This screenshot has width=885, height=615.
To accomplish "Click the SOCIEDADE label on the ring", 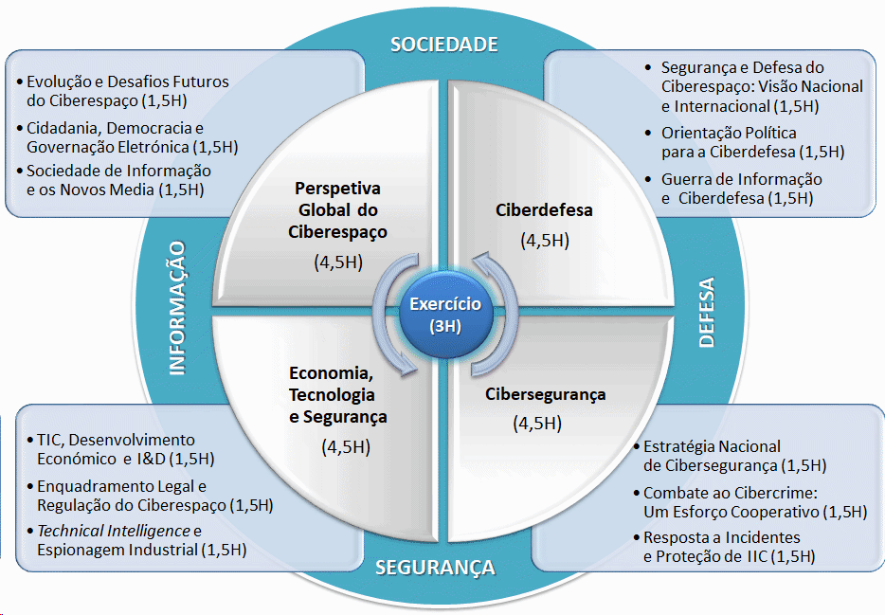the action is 444,45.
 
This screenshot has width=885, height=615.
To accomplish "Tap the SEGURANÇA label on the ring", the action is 435,568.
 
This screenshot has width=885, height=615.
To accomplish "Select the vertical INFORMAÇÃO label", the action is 178,308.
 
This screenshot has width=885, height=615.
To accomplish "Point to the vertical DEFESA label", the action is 707,312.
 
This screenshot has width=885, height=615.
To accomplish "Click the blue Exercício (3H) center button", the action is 446,315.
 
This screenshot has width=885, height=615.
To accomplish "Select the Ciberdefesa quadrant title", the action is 544,210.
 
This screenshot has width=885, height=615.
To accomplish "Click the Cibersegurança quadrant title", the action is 545,394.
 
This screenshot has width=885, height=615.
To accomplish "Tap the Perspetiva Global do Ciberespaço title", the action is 337,209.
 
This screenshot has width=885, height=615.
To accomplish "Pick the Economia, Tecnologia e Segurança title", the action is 338,395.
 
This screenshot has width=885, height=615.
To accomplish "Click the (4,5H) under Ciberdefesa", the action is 545,241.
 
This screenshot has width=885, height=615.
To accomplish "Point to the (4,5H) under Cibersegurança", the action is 537,424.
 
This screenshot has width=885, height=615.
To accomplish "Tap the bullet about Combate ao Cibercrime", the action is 750,502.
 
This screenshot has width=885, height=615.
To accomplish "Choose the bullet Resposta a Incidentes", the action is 724,547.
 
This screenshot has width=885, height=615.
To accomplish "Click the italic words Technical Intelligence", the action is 114,531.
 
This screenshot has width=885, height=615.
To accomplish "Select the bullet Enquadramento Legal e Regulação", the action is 150,496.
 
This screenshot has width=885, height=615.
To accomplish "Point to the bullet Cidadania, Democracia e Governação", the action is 127,137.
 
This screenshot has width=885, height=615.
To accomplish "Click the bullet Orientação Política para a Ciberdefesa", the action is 745,142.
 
